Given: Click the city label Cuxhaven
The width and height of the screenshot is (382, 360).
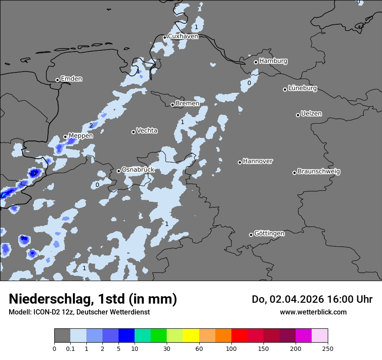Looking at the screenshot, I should pyautogui.click(x=183, y=36).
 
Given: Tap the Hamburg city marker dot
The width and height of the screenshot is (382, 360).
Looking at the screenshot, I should pyautogui.click(x=256, y=62).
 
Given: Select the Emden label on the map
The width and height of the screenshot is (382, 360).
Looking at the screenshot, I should pyautogui.click(x=71, y=79).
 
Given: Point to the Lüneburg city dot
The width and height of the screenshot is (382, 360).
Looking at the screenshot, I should pyautogui.click(x=285, y=89).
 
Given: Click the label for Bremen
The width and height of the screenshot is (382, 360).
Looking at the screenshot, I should pyautogui.click(x=188, y=104).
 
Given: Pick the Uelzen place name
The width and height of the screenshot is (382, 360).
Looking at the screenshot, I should pyautogui.click(x=311, y=114).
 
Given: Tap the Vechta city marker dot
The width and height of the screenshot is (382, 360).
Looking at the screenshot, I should pyautogui.click(x=133, y=132).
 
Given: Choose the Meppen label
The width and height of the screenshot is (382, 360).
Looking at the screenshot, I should pyautogui.click(x=81, y=136).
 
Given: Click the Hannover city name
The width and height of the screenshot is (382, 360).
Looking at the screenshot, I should pyautogui.click(x=258, y=161).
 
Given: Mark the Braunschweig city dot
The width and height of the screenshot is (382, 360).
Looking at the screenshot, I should pyautogui.click(x=294, y=173).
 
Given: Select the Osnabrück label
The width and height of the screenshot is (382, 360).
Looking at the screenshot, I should pyautogui.click(x=138, y=170).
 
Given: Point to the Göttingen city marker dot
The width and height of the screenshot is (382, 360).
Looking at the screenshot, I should pyautogui.click(x=251, y=235).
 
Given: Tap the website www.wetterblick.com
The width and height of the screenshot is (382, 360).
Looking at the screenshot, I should pyautogui.click(x=313, y=312).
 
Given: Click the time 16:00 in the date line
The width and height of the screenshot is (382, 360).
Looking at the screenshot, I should pyautogui.click(x=338, y=299).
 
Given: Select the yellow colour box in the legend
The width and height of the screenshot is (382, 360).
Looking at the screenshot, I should pyautogui.click(x=191, y=336).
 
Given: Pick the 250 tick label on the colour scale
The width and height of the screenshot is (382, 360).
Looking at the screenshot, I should pyautogui.click(x=328, y=348).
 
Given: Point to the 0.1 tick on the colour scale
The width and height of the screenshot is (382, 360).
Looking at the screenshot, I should pyautogui.click(x=70, y=348).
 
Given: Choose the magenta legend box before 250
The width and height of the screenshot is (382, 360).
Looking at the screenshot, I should pyautogui.click(x=303, y=336).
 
